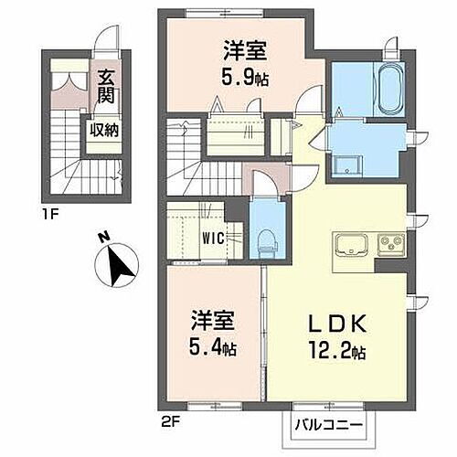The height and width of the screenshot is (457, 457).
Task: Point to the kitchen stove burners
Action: tap(389, 244)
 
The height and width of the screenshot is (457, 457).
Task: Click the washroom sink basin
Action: tap(346, 165)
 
